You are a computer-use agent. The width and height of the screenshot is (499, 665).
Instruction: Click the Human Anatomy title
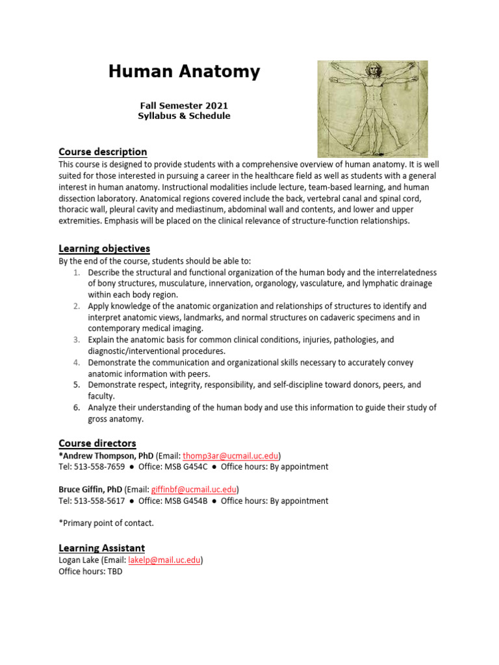(x=184, y=72)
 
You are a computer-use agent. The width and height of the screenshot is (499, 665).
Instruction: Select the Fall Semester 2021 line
(x=184, y=105)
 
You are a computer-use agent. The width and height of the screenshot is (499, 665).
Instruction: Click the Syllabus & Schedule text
(x=184, y=116)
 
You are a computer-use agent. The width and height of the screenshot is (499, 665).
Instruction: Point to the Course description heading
(x=103, y=152)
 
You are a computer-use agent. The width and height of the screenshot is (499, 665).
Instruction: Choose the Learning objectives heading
(x=104, y=249)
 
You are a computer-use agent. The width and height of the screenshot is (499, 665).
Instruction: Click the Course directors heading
(x=97, y=444)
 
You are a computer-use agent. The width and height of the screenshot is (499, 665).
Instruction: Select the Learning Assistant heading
(x=101, y=548)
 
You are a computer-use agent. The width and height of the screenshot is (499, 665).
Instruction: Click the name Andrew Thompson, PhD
(x=108, y=455)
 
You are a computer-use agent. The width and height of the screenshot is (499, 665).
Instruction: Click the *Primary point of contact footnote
(x=106, y=523)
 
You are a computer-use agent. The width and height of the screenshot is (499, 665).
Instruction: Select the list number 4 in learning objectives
(x=76, y=362)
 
